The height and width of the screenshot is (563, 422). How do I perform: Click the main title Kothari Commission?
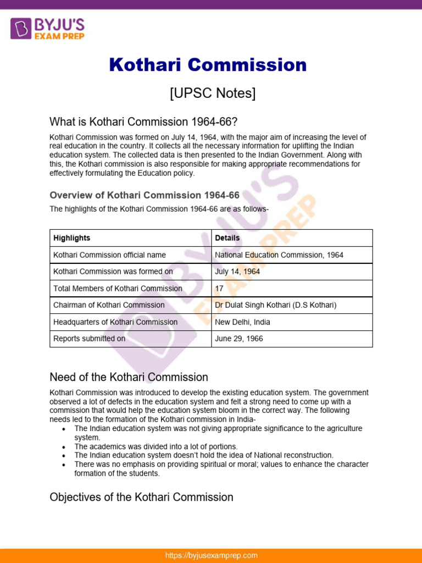coord(208,65)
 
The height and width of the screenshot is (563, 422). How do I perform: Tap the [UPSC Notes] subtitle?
coord(213,93)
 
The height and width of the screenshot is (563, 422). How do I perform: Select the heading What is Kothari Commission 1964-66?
coord(143,122)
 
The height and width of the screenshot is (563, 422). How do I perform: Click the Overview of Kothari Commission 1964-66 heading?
coord(145,195)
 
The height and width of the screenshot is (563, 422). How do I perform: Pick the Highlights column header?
coord(72,238)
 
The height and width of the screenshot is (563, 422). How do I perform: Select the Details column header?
coord(227,238)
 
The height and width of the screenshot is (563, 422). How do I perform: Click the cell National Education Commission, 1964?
coord(279,255)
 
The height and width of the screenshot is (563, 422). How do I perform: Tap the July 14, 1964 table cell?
coord(238,272)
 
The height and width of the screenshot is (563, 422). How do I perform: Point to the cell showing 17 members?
coord(219,289)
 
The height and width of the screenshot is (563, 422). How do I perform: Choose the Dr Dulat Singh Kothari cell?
coord(276,305)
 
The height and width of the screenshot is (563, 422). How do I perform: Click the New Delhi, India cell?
coord(242,322)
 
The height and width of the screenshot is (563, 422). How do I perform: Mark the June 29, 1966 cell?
coord(239,339)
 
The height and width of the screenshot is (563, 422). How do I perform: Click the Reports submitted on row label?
coord(89,339)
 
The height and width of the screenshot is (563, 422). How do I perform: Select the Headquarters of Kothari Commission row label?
coord(115,322)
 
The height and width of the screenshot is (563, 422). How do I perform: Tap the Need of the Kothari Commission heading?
coord(129,377)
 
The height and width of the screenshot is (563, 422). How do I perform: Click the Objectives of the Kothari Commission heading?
coord(141,497)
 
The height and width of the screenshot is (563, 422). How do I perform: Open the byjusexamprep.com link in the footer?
coord(211,555)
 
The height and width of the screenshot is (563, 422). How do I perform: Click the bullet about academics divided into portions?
coord(156,446)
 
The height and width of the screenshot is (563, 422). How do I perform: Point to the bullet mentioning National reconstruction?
coord(204,455)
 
